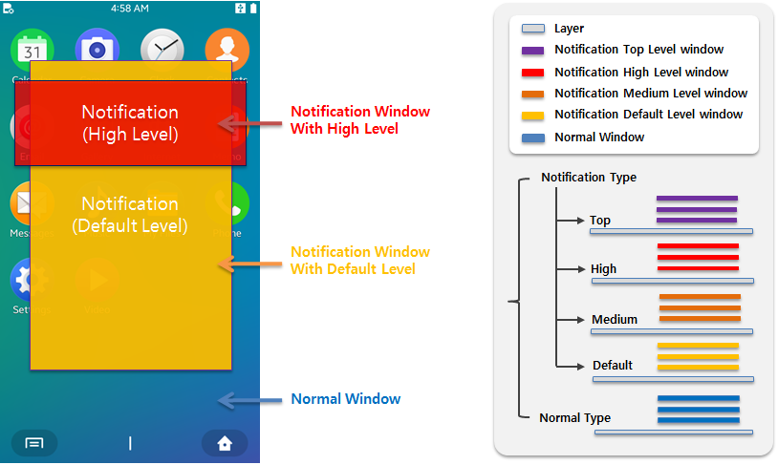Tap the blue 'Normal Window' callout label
[x=345, y=399]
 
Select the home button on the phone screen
[x=225, y=443]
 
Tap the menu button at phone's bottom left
[x=34, y=443]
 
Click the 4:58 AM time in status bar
[x=130, y=8]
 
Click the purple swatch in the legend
[x=532, y=51]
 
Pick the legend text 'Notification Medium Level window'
[x=650, y=94]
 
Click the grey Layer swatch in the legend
[x=532, y=30]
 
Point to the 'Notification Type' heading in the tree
[x=588, y=178]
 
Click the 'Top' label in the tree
[x=599, y=221]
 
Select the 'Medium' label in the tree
[x=614, y=320]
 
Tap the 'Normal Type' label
[x=574, y=418]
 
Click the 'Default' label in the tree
[x=612, y=366]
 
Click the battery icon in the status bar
[x=253, y=8]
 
